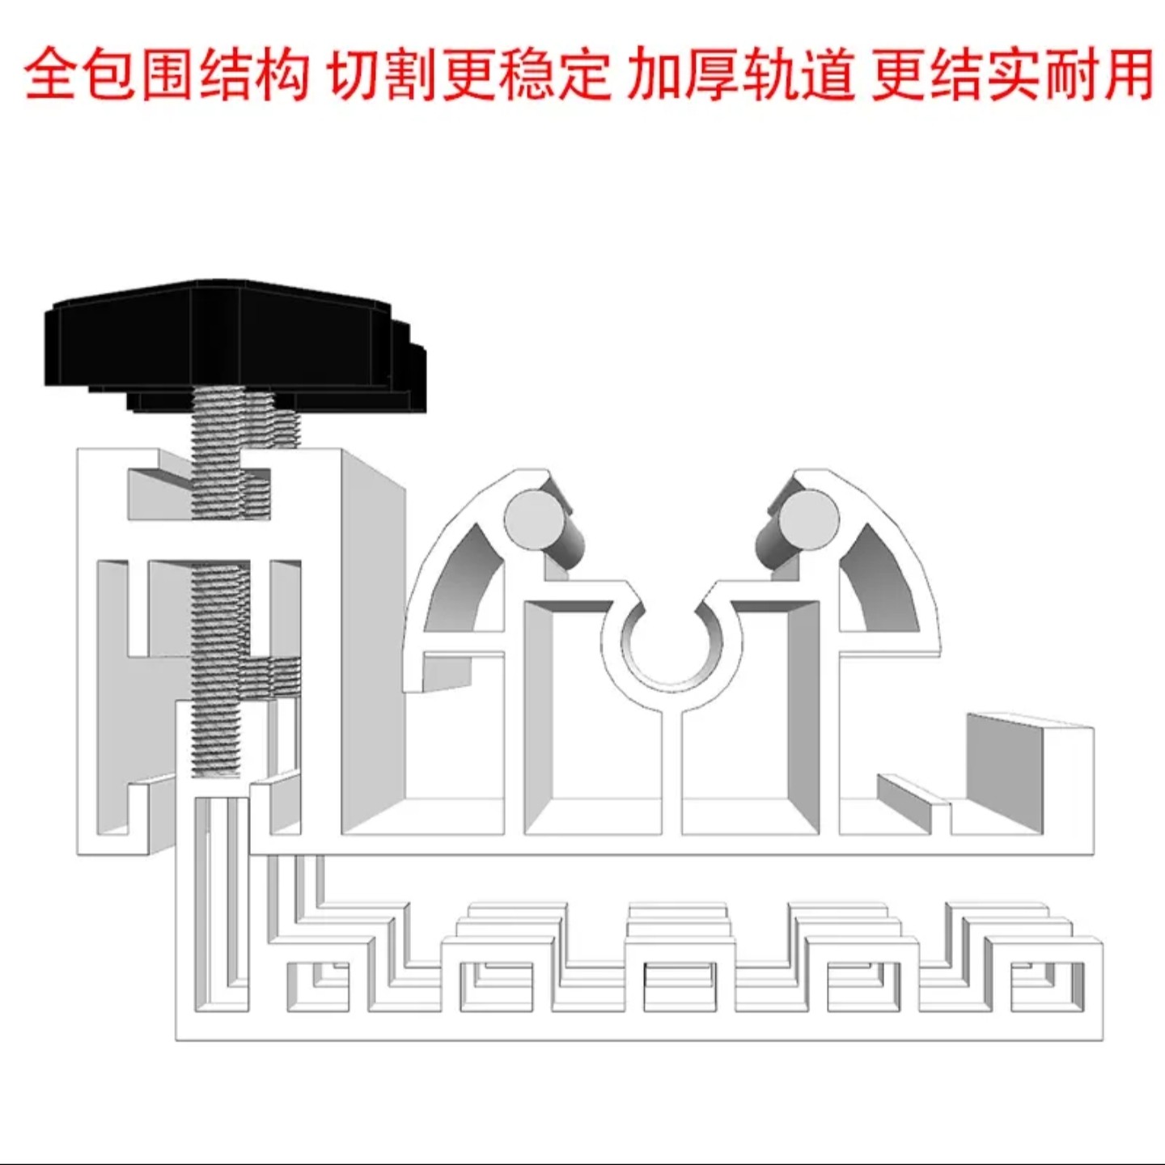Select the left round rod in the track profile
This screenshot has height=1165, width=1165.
click(532, 518)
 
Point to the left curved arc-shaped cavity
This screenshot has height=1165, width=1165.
click(465, 578)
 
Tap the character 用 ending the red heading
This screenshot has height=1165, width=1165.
click(1125, 74)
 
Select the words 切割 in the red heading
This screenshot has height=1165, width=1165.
click(384, 74)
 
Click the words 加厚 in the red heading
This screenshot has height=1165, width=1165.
click(684, 74)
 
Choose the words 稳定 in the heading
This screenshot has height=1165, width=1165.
click(554, 74)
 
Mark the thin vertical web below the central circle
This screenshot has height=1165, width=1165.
click(671, 769)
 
